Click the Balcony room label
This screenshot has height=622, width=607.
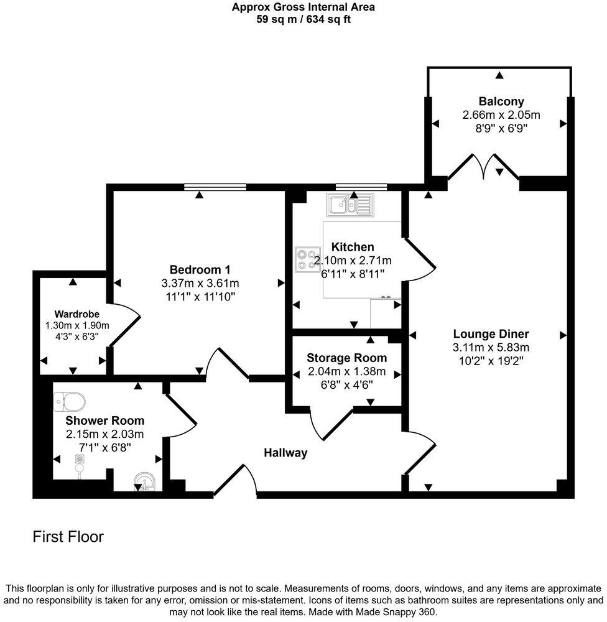(501, 101)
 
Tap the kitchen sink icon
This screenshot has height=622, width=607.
(351, 204)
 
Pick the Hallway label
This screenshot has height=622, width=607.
(285, 453)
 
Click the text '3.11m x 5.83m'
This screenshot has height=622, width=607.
(491, 348)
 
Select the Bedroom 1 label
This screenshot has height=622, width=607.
(200, 269)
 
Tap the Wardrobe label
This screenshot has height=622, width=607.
(76, 314)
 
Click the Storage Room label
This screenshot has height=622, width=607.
(346, 358)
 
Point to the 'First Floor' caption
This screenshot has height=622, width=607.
(68, 537)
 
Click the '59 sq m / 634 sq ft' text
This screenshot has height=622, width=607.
(303, 19)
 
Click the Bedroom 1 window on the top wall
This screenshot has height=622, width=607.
(215, 185)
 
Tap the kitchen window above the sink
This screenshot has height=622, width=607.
(353, 185)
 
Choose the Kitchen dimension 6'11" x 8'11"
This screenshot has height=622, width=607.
(353, 273)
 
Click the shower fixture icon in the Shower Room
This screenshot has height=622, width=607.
(79, 463)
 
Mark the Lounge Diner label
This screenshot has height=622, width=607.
(491, 334)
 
